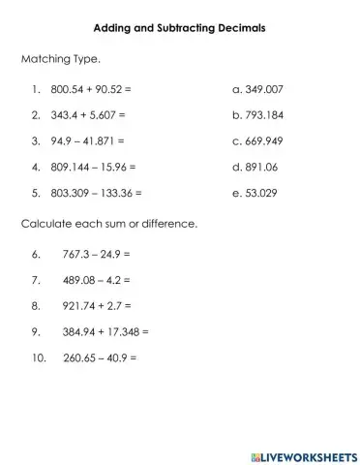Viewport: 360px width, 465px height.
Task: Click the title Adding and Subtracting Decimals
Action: coord(180,28)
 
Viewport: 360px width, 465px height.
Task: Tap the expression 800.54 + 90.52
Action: coord(93,90)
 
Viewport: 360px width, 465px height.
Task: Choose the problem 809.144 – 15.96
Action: coord(96,166)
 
